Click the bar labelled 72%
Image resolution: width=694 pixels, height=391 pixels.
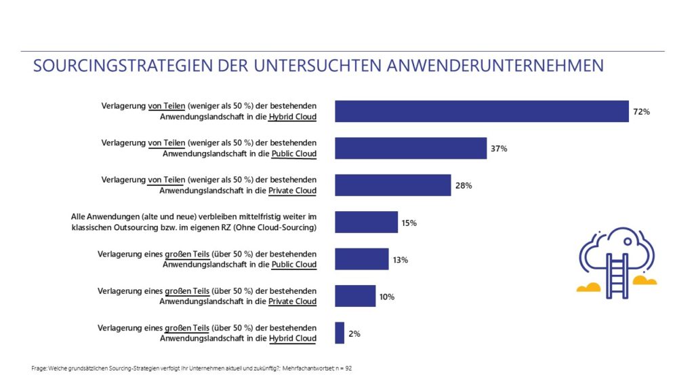point(482,111)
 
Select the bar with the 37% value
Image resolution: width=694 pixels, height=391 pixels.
point(411,148)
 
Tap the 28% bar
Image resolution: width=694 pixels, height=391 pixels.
point(393,185)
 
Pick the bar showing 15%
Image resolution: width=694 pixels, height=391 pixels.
point(367,222)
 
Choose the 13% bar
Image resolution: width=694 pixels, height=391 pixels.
point(362,259)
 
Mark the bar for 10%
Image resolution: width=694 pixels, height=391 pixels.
point(355,296)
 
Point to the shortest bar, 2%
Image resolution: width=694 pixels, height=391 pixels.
point(340,333)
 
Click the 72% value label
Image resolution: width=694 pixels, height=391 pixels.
point(641,111)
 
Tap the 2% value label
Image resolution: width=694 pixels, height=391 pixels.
point(354,333)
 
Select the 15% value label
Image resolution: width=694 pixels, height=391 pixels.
point(409,223)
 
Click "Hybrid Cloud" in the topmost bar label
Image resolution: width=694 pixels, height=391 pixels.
point(292,117)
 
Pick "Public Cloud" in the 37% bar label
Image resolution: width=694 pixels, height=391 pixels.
point(293,153)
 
